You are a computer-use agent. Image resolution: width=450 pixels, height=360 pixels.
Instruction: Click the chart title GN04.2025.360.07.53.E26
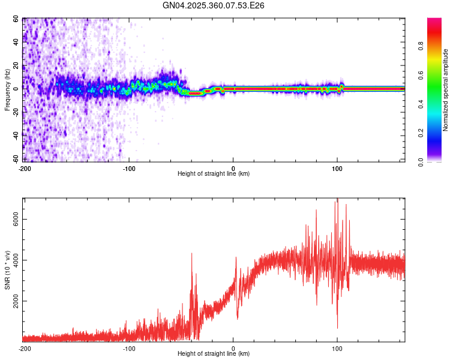(214, 5)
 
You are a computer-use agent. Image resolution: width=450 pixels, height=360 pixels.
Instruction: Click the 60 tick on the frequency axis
(16, 19)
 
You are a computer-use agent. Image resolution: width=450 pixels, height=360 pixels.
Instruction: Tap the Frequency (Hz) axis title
(7, 90)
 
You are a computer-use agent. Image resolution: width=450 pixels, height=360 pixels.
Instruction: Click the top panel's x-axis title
(214, 173)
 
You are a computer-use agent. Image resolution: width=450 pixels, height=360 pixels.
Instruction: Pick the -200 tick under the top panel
(25, 167)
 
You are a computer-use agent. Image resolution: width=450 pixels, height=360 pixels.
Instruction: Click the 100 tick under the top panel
(337, 167)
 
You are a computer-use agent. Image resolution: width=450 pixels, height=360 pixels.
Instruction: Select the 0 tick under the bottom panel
(233, 347)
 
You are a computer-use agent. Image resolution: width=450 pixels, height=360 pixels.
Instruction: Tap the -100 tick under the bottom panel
(129, 347)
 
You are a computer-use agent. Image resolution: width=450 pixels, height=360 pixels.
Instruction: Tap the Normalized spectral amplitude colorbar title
(445, 90)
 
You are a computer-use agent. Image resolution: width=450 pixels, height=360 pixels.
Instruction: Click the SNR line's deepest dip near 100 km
(337, 328)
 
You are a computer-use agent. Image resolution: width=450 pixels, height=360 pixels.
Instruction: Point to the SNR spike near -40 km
(192, 254)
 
